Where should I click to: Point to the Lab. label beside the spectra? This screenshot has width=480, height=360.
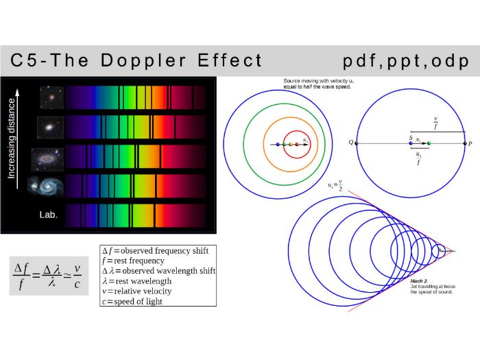(48, 214)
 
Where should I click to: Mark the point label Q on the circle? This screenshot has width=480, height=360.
(351, 143)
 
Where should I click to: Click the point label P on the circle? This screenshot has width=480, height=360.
(470, 143)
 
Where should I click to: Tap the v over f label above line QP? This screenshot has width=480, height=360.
(435, 123)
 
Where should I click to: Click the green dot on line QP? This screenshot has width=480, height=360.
(429, 143)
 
